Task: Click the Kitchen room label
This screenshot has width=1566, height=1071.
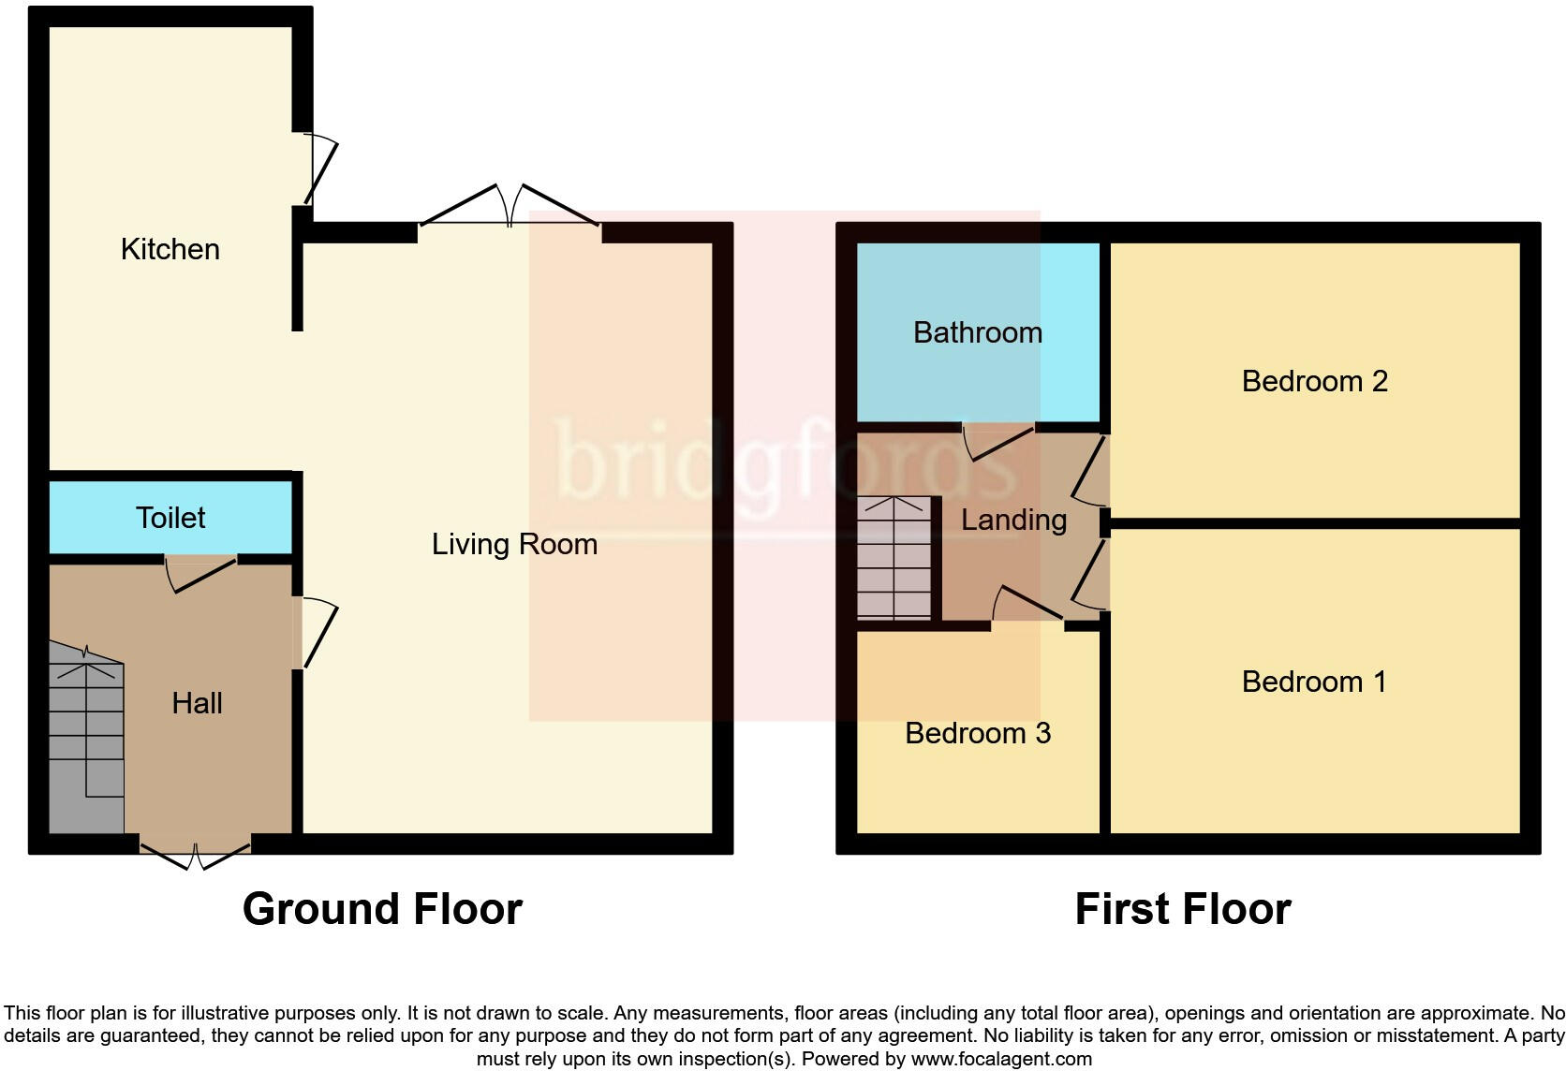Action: [170, 249]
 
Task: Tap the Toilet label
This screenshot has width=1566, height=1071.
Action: [170, 518]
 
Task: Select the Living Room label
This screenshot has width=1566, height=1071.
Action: [514, 544]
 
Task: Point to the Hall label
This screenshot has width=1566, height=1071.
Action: [197, 703]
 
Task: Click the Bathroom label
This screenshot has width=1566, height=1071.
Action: [977, 332]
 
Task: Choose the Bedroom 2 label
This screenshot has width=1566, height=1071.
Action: [1314, 381]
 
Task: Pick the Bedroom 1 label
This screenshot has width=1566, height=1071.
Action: [1313, 682]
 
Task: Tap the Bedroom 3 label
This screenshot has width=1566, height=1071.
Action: [977, 733]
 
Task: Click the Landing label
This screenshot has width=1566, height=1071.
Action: [1013, 520]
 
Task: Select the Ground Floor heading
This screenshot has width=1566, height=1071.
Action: [382, 909]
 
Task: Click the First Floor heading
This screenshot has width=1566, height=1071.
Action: [1182, 909]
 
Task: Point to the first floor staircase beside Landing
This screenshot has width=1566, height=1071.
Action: [894, 558]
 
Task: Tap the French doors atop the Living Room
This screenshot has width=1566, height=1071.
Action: [510, 208]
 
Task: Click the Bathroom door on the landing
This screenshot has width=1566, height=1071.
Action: [998, 441]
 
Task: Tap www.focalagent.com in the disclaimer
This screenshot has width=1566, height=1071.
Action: [1000, 1059]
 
